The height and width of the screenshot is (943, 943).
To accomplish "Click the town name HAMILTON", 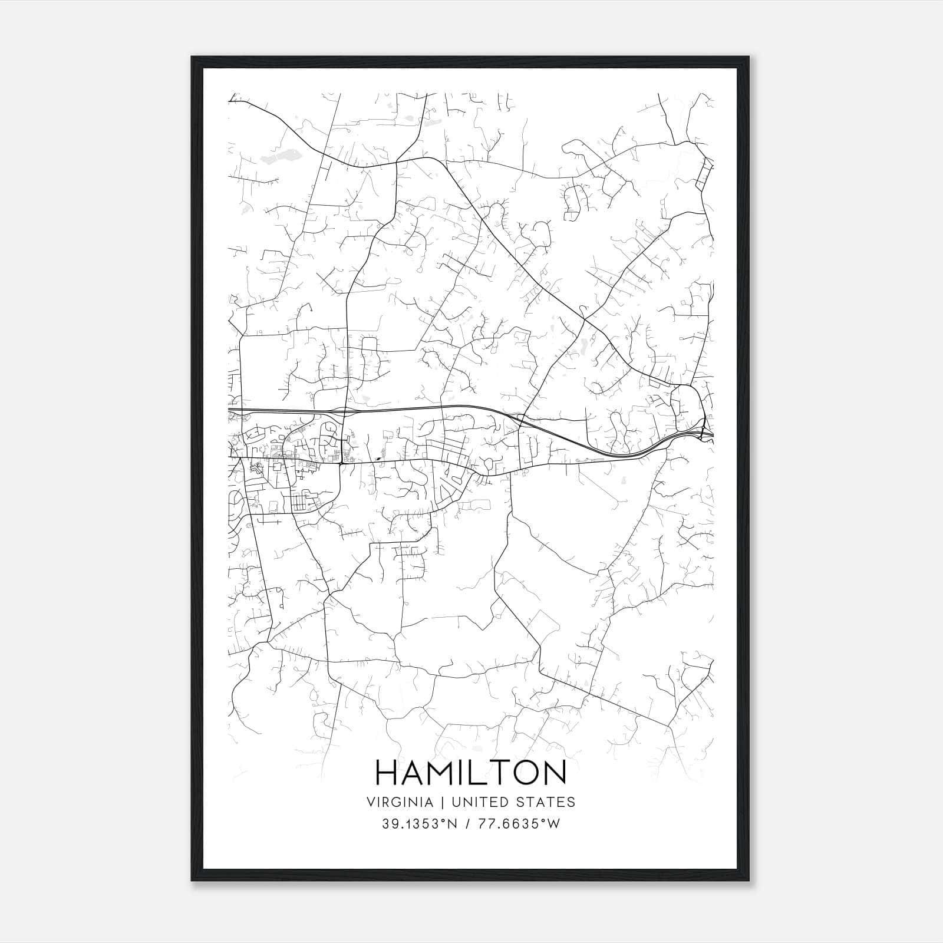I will click(x=470, y=773).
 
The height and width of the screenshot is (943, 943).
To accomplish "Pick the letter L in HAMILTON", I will click(x=479, y=773).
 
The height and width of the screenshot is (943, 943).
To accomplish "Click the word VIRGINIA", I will click(x=399, y=802).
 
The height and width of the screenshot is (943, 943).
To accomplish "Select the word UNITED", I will click(x=474, y=802).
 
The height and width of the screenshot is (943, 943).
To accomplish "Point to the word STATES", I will click(x=546, y=802).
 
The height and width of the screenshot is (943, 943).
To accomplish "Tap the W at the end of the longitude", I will click(x=554, y=824).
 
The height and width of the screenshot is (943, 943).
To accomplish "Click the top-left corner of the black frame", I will click(x=192, y=57).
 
